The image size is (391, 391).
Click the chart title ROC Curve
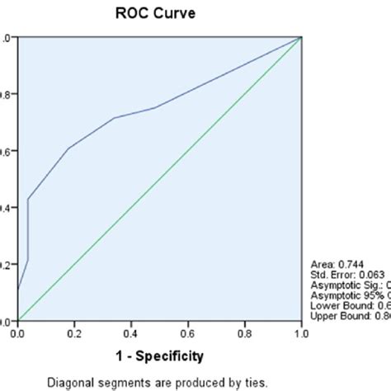(158, 14)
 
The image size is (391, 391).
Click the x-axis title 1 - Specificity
(158, 356)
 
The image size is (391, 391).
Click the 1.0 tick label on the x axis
(301, 333)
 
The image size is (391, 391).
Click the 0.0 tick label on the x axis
(17, 333)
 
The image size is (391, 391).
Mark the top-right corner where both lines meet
(301, 37)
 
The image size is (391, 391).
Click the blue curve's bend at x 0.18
(68, 148)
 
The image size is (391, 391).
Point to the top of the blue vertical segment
(28, 199)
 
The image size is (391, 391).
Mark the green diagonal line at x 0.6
(187, 151)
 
